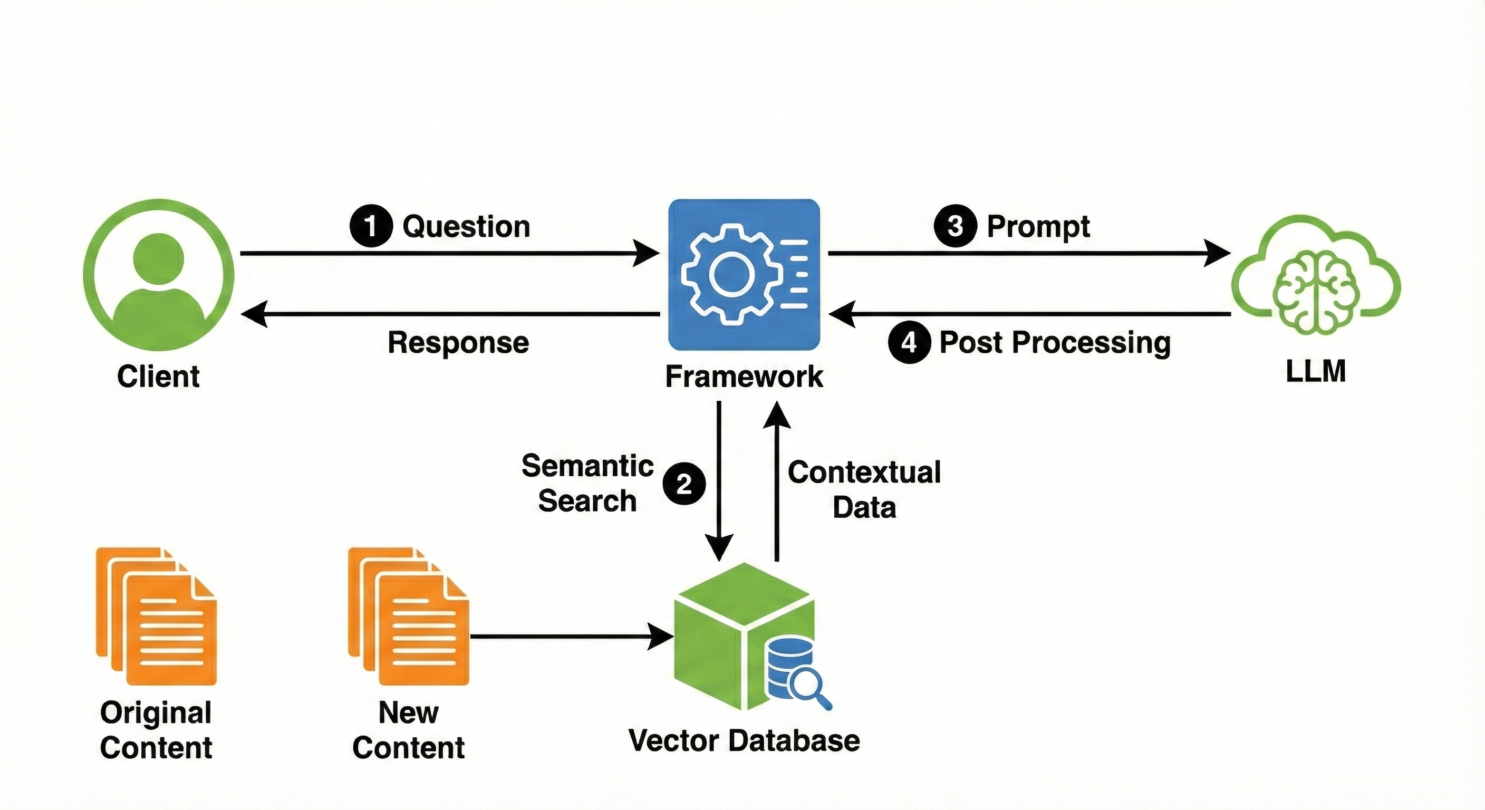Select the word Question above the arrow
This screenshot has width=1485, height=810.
pyautogui.click(x=466, y=226)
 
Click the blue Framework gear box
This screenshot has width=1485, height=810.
pyautogui.click(x=744, y=274)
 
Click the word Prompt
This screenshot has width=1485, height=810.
pyautogui.click(x=1038, y=226)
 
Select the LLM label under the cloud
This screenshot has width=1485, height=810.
pyautogui.click(x=1316, y=370)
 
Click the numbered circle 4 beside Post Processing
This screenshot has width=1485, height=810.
pyautogui.click(x=909, y=342)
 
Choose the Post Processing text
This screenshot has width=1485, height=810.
pyautogui.click(x=1055, y=342)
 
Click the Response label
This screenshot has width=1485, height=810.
pyautogui.click(x=458, y=342)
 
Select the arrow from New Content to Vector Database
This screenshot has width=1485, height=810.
pyautogui.click(x=571, y=637)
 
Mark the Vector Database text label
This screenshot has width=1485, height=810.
pyautogui.click(x=744, y=740)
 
